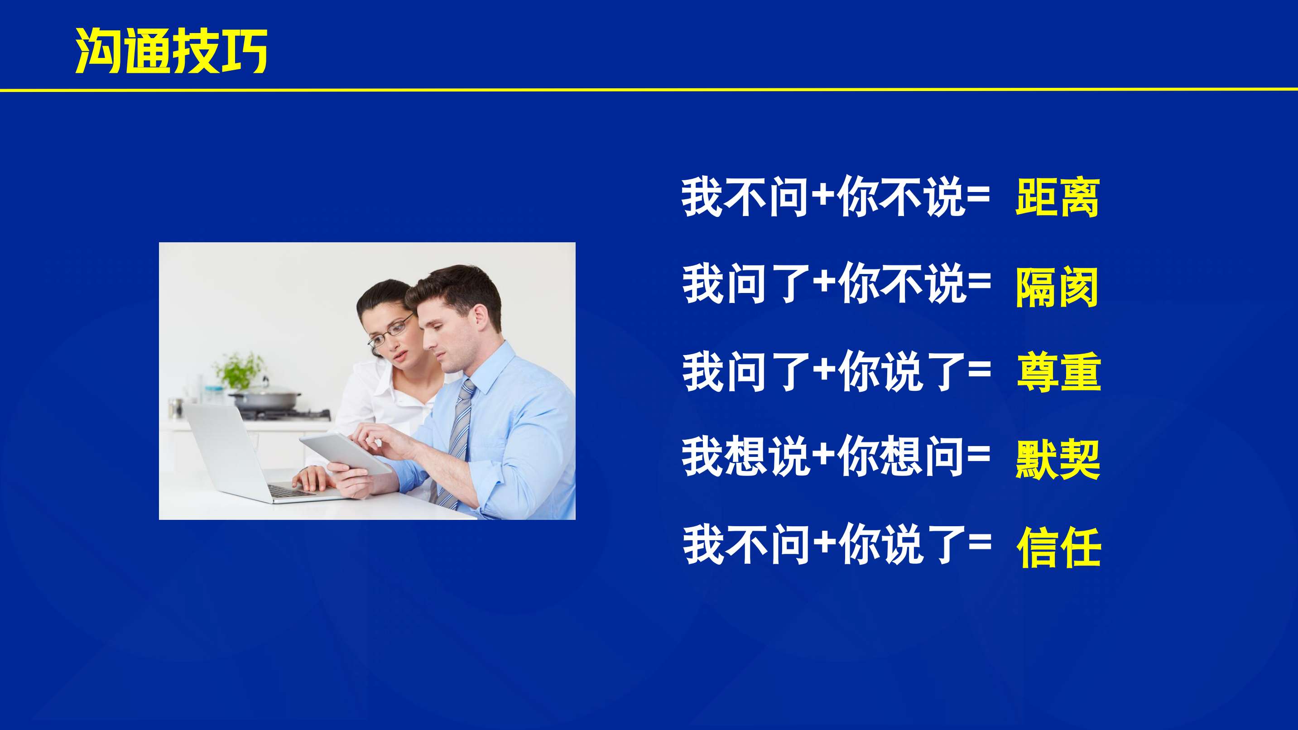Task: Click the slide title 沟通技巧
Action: tap(171, 50)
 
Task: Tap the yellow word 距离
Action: tap(1057, 197)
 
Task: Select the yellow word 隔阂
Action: tap(1057, 287)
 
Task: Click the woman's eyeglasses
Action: tap(391, 332)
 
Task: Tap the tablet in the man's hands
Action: tap(346, 453)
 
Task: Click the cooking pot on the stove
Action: tap(265, 399)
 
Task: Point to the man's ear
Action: tap(479, 318)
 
